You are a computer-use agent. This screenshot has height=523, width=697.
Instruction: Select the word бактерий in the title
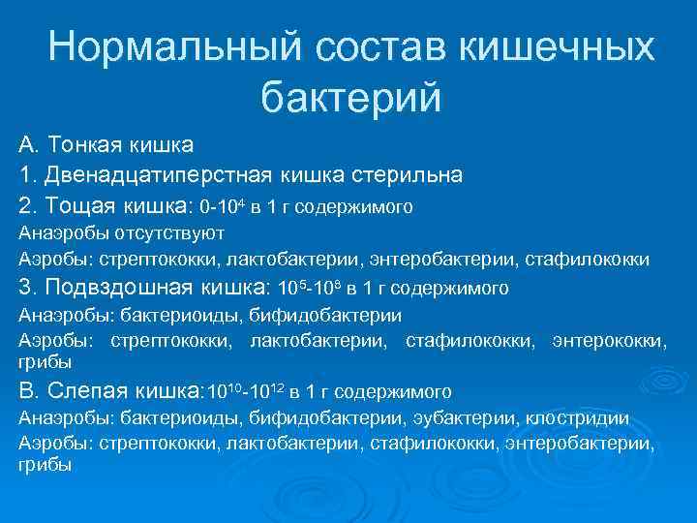pyautogui.click(x=350, y=97)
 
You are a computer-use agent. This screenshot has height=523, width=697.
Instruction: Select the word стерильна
pyautogui.click(x=406, y=176)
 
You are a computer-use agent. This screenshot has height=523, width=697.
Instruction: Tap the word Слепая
pyautogui.click(x=84, y=392)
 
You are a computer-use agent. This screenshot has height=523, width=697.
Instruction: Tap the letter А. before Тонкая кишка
pyautogui.click(x=27, y=146)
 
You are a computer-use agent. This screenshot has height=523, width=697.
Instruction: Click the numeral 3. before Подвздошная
pyautogui.click(x=27, y=288)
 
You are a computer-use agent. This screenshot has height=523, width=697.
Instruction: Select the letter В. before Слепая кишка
pyautogui.click(x=27, y=392)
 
